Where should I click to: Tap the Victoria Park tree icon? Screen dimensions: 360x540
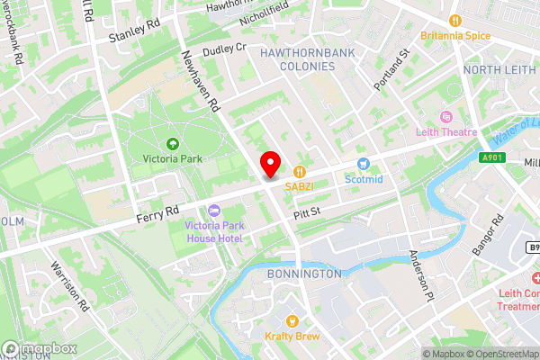[x=172, y=143]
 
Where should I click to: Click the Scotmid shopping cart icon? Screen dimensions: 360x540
[x=364, y=164]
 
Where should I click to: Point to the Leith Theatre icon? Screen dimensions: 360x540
[x=445, y=118]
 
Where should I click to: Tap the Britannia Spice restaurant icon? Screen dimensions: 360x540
[x=455, y=20]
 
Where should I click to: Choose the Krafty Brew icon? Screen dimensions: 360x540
[x=292, y=320]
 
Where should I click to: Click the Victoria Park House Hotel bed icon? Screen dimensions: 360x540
[x=213, y=210]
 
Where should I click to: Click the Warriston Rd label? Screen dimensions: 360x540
[x=71, y=288]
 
